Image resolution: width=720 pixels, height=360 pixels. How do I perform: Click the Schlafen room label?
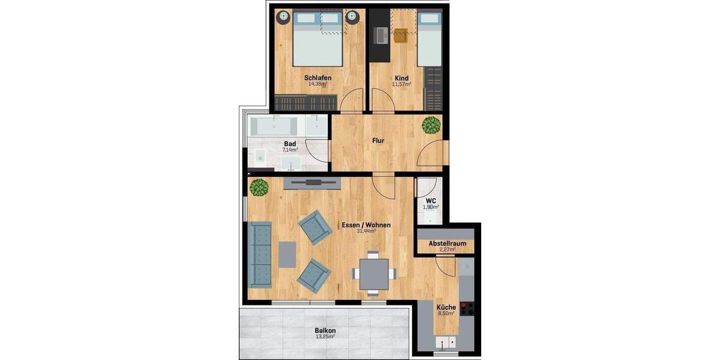pyautogui.click(x=317, y=78)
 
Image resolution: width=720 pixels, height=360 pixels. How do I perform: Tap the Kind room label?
pyautogui.click(x=401, y=78)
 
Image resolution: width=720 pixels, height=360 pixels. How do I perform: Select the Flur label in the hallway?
pyautogui.click(x=378, y=141)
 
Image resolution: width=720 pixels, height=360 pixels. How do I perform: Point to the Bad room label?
pyautogui.click(x=290, y=144)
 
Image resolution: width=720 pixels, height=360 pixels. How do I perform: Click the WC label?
pyautogui.click(x=430, y=200)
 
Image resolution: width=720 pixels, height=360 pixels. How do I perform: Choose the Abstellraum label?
pyautogui.click(x=447, y=244)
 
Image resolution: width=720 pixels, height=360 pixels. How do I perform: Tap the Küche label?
pyautogui.click(x=446, y=307)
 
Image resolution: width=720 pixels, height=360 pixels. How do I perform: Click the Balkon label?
pyautogui.click(x=325, y=331)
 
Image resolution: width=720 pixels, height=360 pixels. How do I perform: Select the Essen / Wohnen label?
pyautogui.click(x=365, y=225)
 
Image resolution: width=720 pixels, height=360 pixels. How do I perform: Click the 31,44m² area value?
pyautogui.click(x=365, y=231)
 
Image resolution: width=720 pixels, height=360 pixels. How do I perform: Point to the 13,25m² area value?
pyautogui.click(x=325, y=337)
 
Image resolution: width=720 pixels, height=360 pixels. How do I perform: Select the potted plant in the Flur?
pyautogui.click(x=431, y=125)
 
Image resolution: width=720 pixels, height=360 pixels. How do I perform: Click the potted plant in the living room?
pyautogui.click(x=259, y=187)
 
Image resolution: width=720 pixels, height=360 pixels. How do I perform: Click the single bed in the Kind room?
pyautogui.click(x=429, y=39)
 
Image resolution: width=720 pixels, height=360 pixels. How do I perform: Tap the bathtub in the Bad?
pyautogui.click(x=274, y=127)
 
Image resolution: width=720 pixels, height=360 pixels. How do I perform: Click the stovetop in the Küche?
pyautogui.click(x=467, y=308)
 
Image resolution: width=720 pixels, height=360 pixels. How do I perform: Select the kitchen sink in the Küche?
pyautogui.click(x=445, y=343)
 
